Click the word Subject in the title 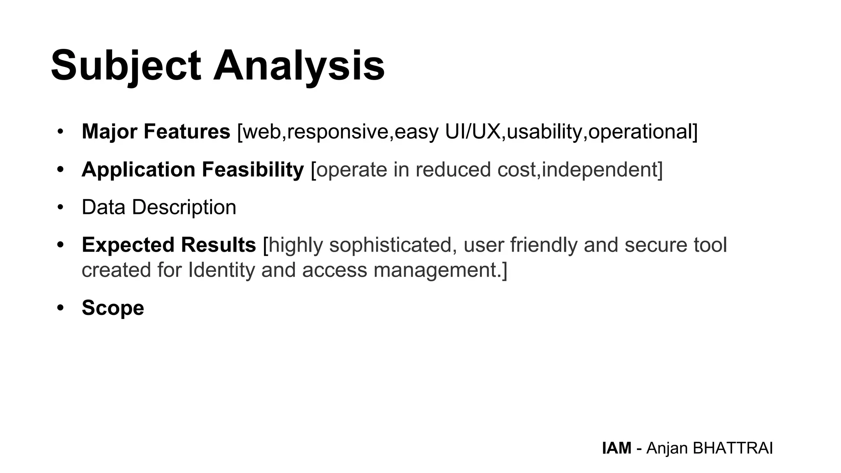click(x=126, y=66)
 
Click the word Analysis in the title click(x=299, y=66)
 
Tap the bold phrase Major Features click(x=156, y=132)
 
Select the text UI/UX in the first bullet click(x=473, y=132)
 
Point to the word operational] click(x=643, y=132)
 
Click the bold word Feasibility click(x=253, y=170)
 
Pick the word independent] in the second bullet click(x=602, y=170)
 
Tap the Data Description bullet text click(x=159, y=207)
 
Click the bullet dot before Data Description click(x=61, y=207)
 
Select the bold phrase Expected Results click(x=169, y=245)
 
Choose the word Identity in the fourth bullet click(x=221, y=270)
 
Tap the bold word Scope click(x=113, y=308)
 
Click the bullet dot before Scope click(x=61, y=308)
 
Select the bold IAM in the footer click(x=616, y=448)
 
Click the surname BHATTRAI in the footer click(x=733, y=448)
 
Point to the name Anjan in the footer click(x=667, y=448)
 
